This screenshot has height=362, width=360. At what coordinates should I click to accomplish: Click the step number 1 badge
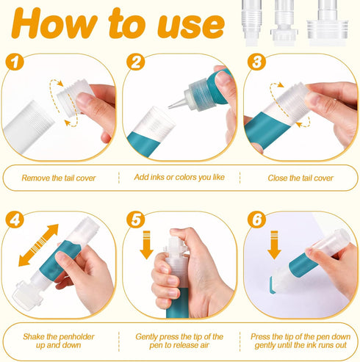[x=15, y=62]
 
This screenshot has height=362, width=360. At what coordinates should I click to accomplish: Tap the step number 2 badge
[x=136, y=62]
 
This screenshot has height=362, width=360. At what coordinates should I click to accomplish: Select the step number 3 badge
[x=256, y=62]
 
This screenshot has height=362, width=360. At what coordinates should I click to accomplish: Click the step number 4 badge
[x=15, y=220]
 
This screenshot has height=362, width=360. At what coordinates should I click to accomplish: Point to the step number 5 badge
[x=136, y=220]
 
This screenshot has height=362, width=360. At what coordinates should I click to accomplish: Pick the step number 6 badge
[x=256, y=220]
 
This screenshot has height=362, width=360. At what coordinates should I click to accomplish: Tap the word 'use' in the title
[x=191, y=26]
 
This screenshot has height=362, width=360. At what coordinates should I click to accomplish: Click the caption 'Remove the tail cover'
[x=59, y=178]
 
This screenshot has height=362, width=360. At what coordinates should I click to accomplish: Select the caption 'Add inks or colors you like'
[x=179, y=177]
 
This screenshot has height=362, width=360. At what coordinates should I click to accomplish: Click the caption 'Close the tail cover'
[x=300, y=178]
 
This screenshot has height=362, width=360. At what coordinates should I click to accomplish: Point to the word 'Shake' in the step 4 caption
[x=34, y=337]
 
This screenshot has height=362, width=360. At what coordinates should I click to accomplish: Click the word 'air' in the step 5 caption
[x=204, y=345]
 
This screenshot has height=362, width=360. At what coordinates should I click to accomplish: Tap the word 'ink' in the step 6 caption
[x=309, y=345]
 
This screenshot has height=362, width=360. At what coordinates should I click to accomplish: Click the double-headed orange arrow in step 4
[x=38, y=245]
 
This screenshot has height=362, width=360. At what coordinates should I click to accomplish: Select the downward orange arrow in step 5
[x=146, y=245]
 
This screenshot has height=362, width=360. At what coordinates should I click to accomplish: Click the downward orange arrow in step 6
[x=274, y=245]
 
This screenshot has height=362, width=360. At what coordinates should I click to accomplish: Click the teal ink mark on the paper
[x=272, y=285]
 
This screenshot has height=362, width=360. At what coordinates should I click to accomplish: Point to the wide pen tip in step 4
[x=24, y=296]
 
